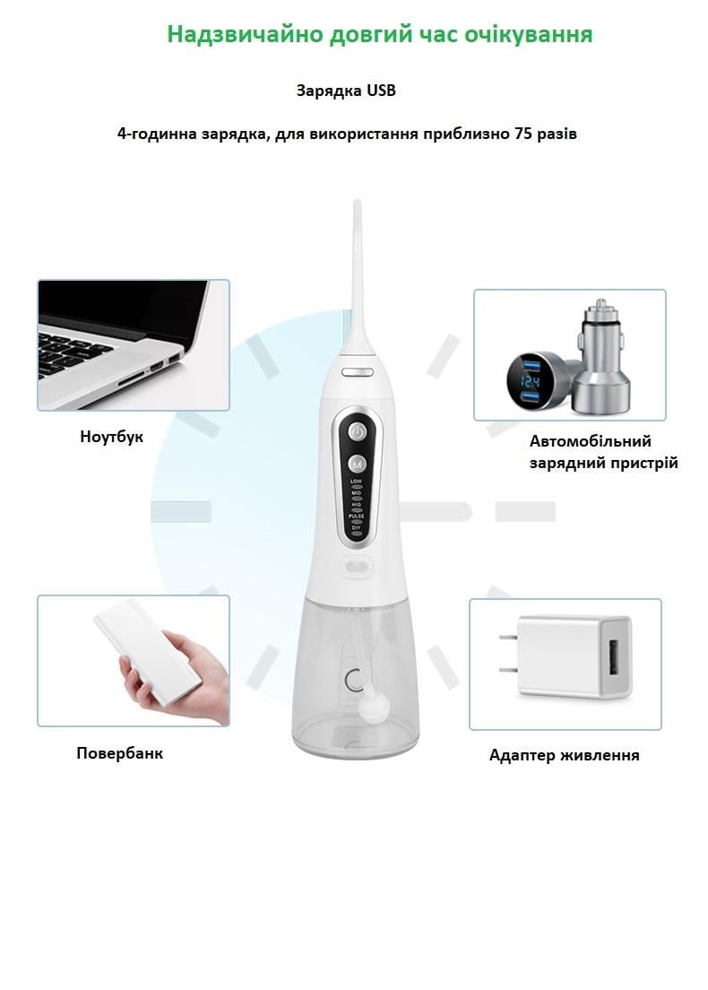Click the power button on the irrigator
pyautogui.click(x=357, y=431)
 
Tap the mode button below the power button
pyautogui.click(x=357, y=465)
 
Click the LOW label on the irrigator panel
pyautogui.click(x=356, y=482)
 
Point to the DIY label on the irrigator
pyautogui.click(x=356, y=528)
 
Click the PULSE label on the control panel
pyautogui.click(x=356, y=517)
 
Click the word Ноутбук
pyautogui.click(x=111, y=438)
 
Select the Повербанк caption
pyautogui.click(x=119, y=753)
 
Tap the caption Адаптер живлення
pyautogui.click(x=564, y=755)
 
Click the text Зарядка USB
pyautogui.click(x=345, y=91)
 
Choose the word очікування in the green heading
pyautogui.click(x=531, y=34)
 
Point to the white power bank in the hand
pyautogui.click(x=148, y=650)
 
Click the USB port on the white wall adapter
pyautogui.click(x=614, y=657)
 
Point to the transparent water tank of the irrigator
pyautogui.click(x=356, y=682)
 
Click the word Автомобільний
pyautogui.click(x=590, y=441)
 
